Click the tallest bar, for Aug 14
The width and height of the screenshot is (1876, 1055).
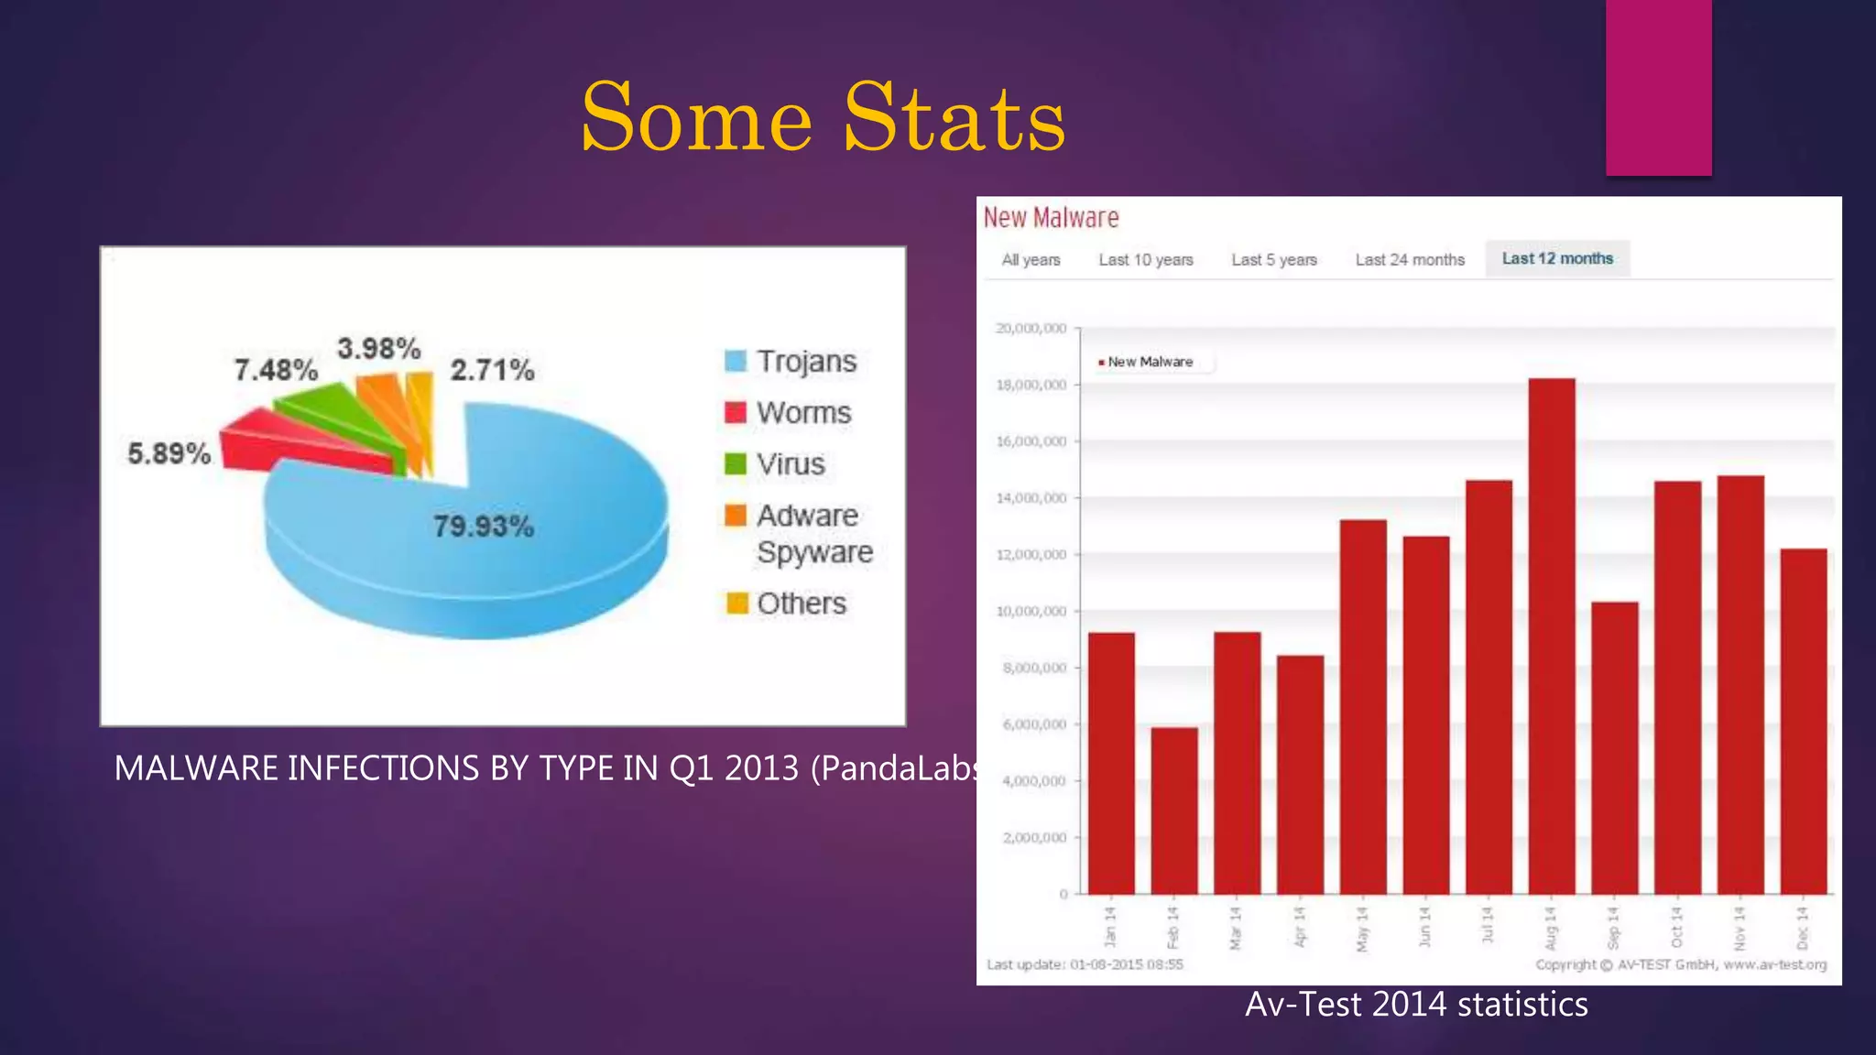pos(1552,636)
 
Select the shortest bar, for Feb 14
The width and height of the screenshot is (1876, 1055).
pos(1173,810)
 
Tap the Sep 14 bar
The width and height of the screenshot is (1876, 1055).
pos(1614,747)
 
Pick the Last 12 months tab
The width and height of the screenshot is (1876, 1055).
pos(1557,259)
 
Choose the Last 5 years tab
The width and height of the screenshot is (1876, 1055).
pos(1273,260)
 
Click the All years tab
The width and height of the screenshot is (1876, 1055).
pos(1031,260)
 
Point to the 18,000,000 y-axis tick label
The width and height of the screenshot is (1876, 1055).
pos(1031,385)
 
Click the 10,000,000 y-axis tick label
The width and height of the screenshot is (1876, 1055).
pos(1031,611)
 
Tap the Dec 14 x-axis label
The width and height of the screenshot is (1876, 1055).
pos(1802,928)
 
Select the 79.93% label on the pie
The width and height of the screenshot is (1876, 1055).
pos(483,527)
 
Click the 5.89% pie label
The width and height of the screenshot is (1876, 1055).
pos(169,453)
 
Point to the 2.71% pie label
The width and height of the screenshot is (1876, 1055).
pos(492,370)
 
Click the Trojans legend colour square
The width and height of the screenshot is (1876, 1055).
pos(736,361)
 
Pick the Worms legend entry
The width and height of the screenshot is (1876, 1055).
pos(802,413)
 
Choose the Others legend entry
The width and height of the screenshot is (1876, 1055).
pos(801,604)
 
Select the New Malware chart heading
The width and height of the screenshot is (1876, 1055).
pos(1051,218)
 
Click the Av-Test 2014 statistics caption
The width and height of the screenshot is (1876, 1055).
pos(1416,1005)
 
